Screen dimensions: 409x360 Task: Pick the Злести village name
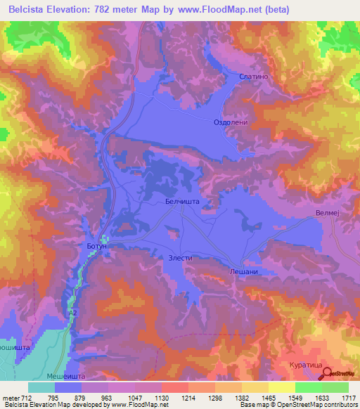[x=180, y=258]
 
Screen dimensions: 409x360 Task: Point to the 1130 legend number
[x=161, y=398]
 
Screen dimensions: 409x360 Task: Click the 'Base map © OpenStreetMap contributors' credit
[x=298, y=405]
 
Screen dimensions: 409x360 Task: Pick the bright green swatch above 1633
[x=309, y=387]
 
